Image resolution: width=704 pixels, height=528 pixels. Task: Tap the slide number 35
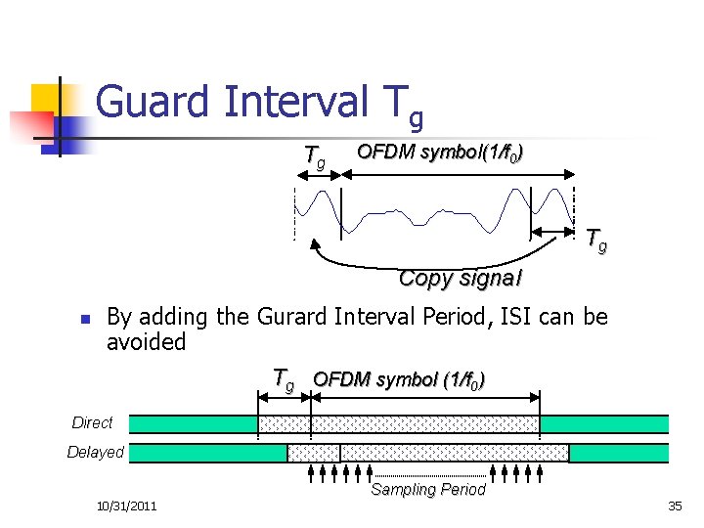[x=675, y=506]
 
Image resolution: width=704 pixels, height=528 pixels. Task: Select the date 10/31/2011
[x=127, y=506]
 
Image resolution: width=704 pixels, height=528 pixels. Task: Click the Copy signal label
[x=460, y=278]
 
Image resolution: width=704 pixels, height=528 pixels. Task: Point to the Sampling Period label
[x=428, y=490]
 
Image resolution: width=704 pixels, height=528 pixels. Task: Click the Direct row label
[x=92, y=422]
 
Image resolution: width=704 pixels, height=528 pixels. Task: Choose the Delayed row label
[x=95, y=452]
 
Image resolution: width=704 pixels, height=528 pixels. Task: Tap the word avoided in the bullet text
[x=146, y=342]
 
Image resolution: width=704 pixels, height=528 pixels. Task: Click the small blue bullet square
[x=84, y=320]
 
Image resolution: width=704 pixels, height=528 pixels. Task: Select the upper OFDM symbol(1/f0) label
[x=439, y=153]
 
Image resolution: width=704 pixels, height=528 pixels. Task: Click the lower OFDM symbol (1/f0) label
[x=398, y=379]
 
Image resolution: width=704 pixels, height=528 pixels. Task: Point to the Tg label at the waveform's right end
[x=595, y=240]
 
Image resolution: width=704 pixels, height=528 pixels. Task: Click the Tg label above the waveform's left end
[x=315, y=156]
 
